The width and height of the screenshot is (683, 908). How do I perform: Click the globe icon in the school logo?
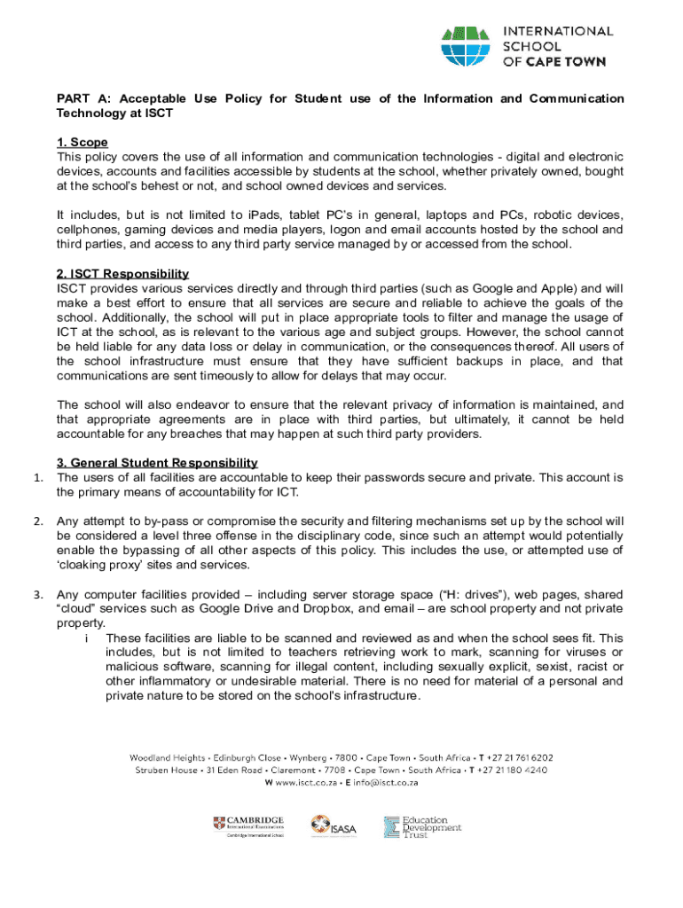465,46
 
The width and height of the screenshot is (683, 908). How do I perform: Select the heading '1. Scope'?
82,143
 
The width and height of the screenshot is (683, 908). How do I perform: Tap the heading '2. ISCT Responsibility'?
122,274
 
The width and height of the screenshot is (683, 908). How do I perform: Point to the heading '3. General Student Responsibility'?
157,463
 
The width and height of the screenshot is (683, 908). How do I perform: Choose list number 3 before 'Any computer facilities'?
38,594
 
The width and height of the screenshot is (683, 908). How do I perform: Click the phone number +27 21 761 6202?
520,758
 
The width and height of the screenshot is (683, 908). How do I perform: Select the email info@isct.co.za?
381,783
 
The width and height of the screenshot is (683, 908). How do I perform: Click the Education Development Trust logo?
422,827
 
